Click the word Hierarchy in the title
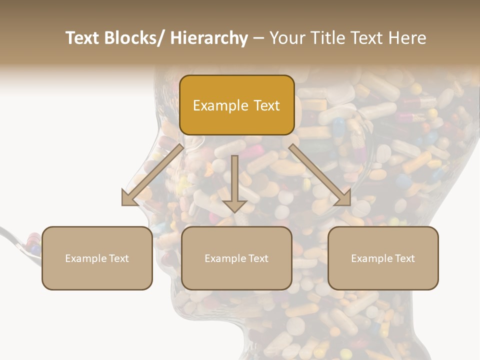[x=209, y=38]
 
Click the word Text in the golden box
[x=265, y=105]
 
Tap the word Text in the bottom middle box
[x=257, y=258]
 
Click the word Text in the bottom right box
[x=404, y=258]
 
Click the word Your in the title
[x=287, y=38]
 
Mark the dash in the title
[x=258, y=38]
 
